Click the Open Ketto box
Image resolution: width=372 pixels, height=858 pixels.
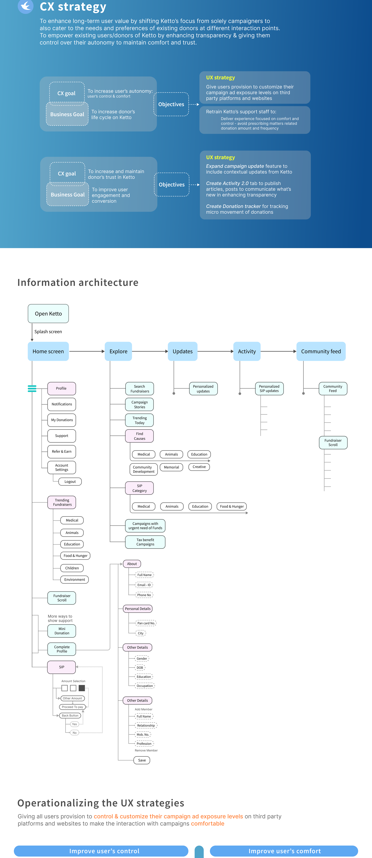[x=48, y=313]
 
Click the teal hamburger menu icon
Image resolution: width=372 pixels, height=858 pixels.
[x=32, y=388]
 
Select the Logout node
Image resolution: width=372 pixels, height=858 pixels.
[x=70, y=482]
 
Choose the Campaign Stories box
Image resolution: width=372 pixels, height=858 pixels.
[x=139, y=404]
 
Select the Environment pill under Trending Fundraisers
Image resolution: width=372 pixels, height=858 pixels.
[x=74, y=580]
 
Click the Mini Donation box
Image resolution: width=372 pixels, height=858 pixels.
[x=62, y=631]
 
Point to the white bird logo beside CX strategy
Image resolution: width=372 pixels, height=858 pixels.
[x=26, y=6]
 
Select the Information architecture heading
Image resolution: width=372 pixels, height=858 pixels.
[x=78, y=282]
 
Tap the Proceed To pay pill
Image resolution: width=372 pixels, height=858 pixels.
[x=72, y=707]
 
